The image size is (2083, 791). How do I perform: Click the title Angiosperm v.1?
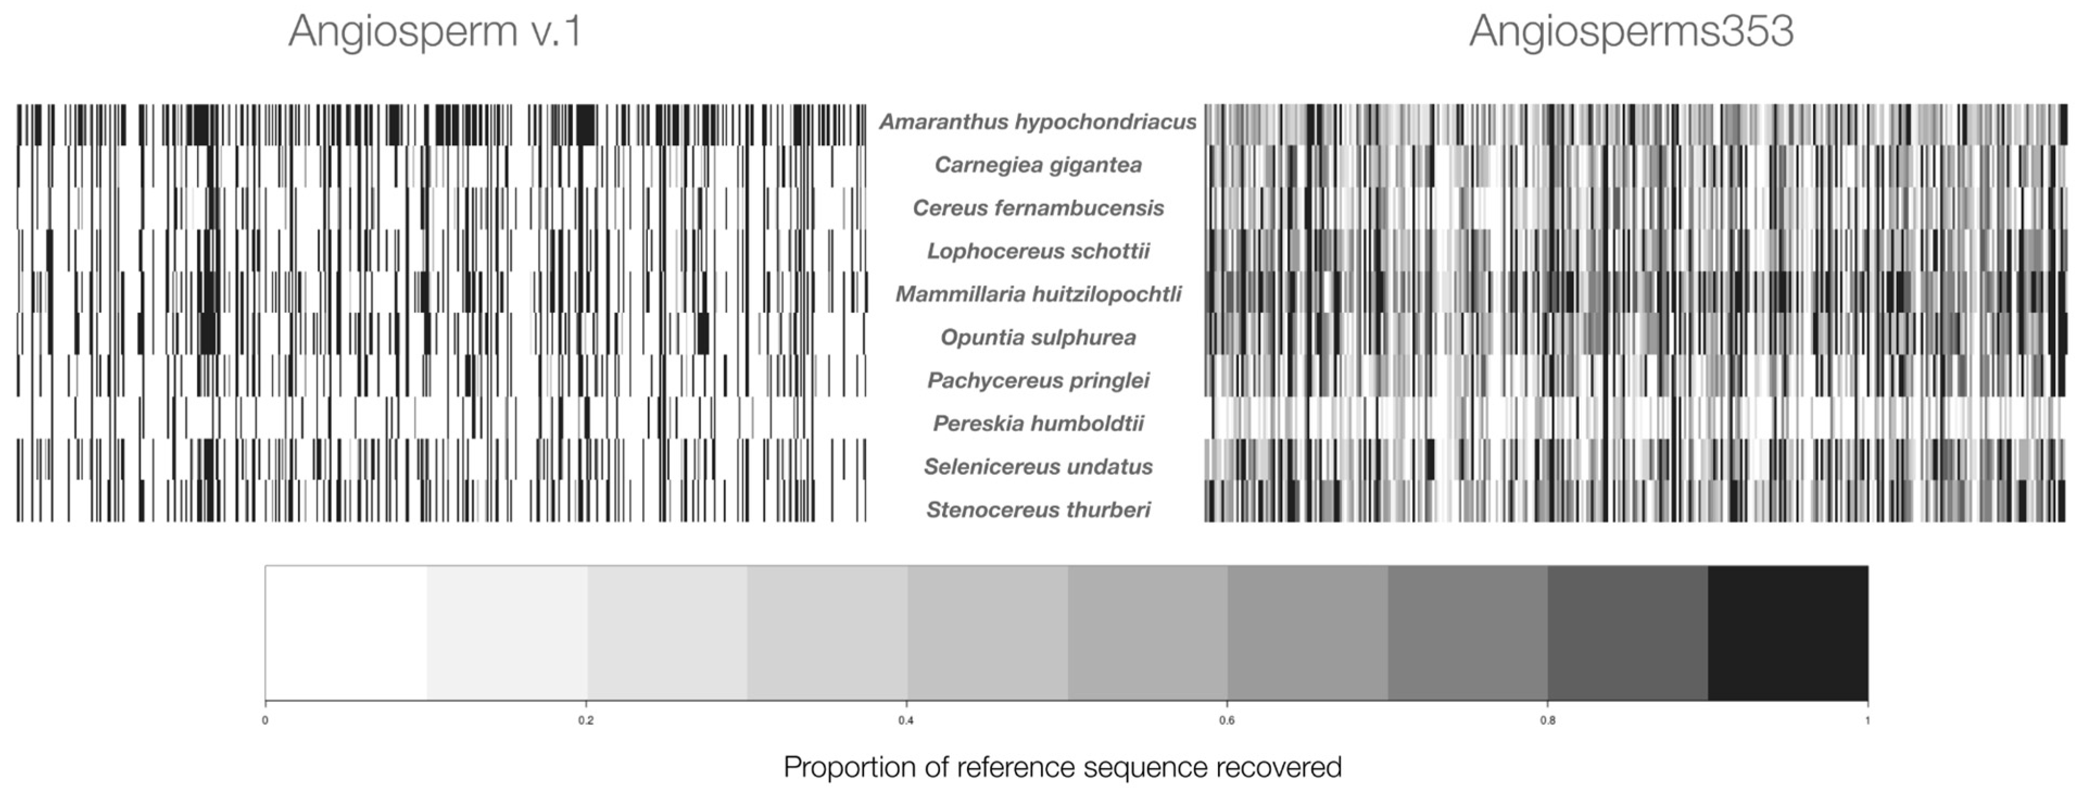(435, 32)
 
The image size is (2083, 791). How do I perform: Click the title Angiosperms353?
(1631, 32)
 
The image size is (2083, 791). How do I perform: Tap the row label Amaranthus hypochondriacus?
(1038, 122)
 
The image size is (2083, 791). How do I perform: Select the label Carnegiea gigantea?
(1038, 165)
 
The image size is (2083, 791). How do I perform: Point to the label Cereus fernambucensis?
(1038, 208)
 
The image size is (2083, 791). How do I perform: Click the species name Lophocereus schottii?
(1038, 252)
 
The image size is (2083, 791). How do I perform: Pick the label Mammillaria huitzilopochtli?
(1038, 294)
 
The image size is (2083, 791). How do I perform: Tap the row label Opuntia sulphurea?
(1038, 337)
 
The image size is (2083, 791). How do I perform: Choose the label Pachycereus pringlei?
(1038, 380)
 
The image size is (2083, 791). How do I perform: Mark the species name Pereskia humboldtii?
(1038, 424)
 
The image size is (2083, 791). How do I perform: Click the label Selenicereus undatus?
(1038, 467)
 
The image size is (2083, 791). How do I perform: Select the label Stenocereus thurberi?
(1038, 510)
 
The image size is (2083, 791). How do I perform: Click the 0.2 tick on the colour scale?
(586, 720)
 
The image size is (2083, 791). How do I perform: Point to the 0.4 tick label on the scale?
(906, 720)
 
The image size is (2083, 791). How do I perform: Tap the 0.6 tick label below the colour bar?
(1227, 720)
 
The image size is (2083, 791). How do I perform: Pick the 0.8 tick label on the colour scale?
(1547, 720)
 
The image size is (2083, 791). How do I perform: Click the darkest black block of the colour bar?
(1787, 632)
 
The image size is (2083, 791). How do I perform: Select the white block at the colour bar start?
(346, 632)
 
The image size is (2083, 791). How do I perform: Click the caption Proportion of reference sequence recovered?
(1062, 767)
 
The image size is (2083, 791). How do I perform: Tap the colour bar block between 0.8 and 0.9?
(1627, 632)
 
